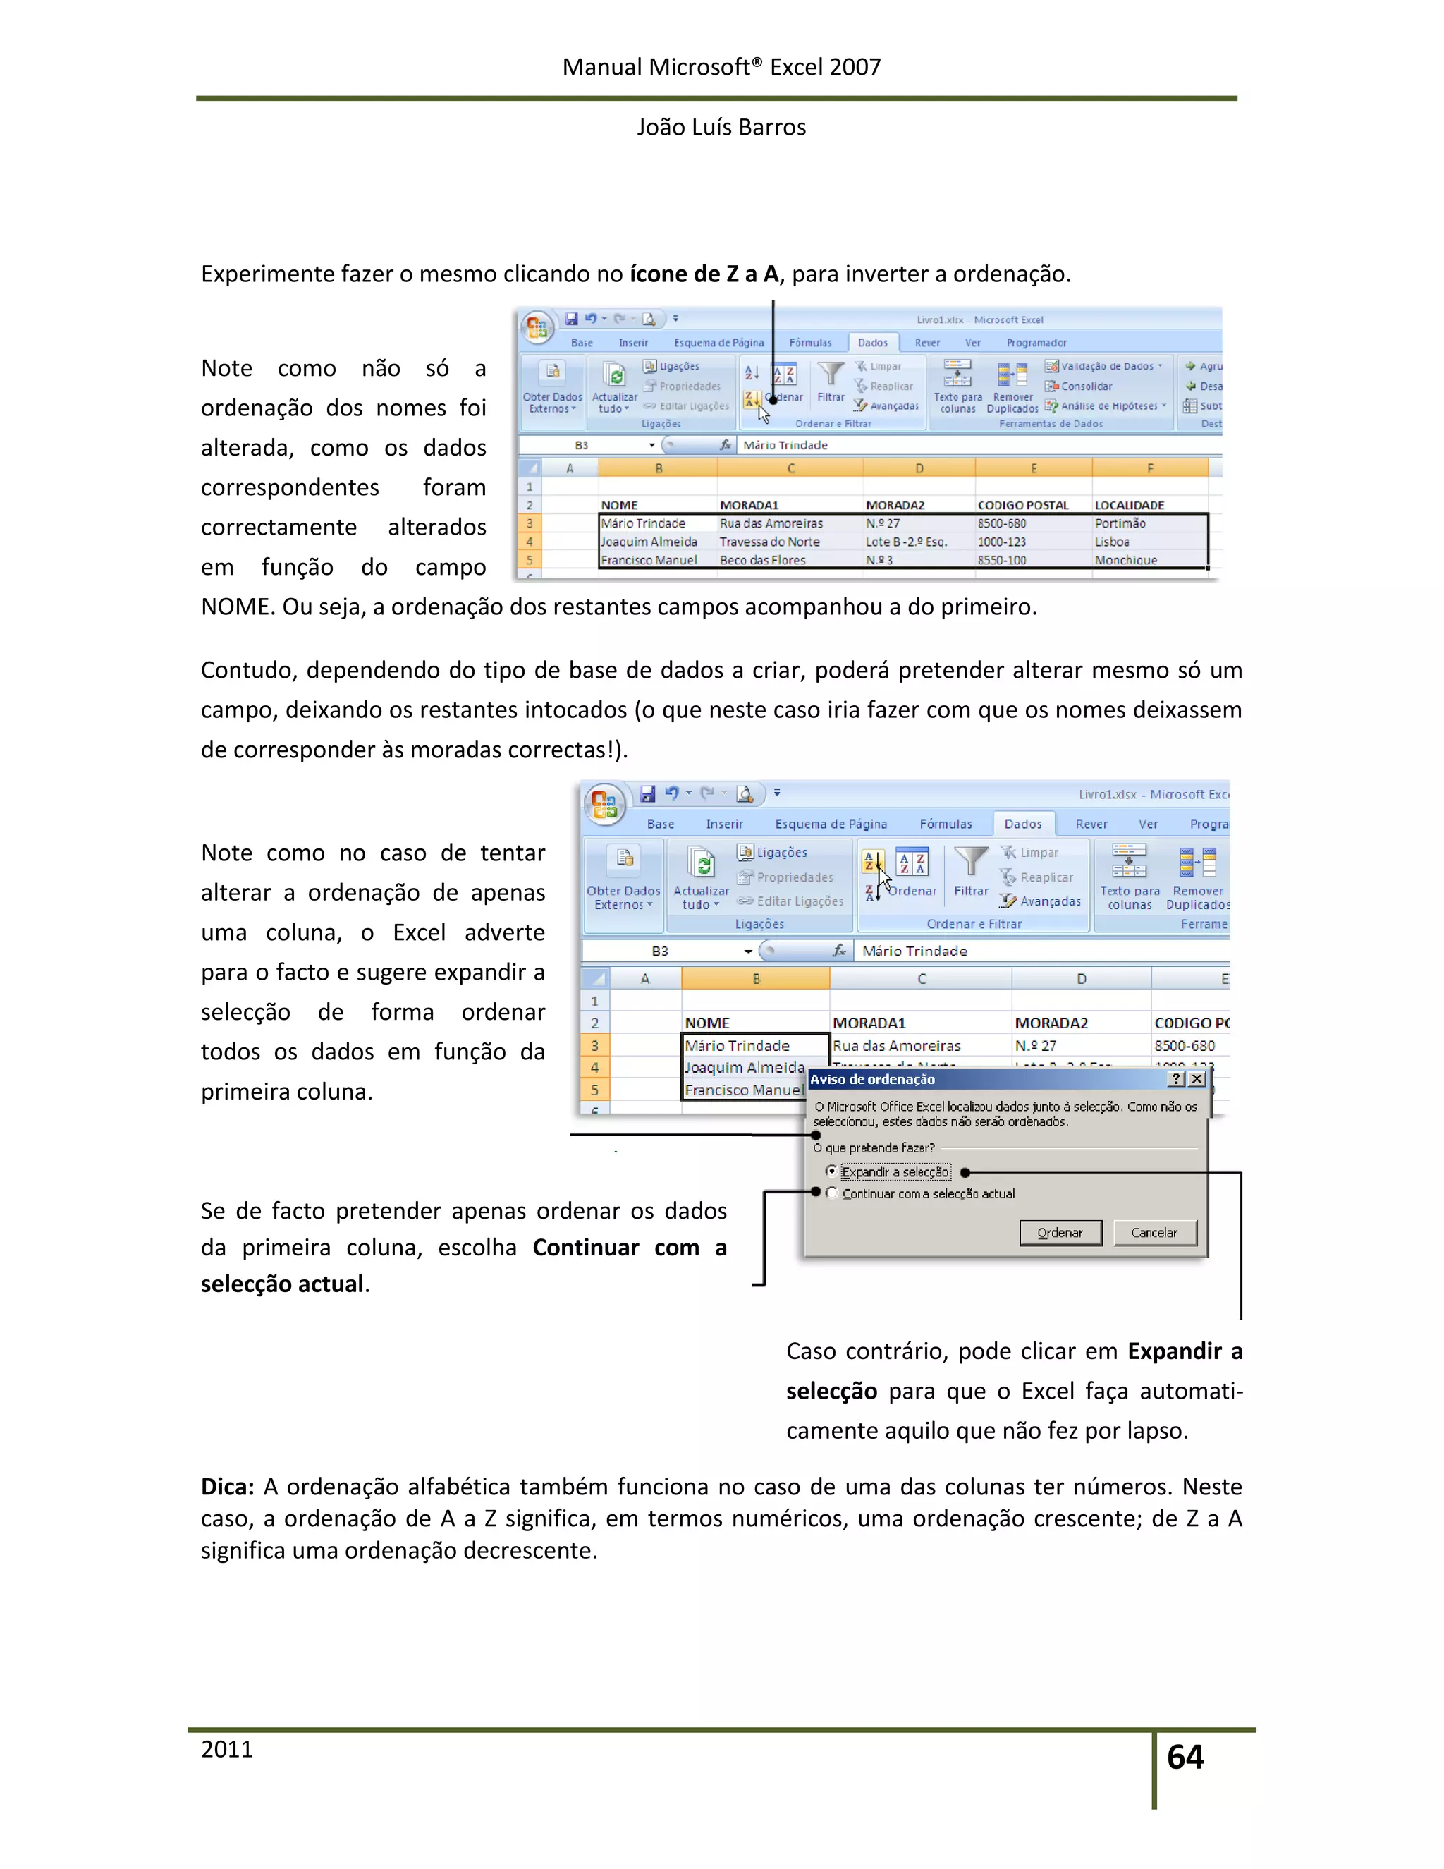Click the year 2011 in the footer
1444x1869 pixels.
point(227,1749)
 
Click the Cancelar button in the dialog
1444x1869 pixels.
point(1154,1232)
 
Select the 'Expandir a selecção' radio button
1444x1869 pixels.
point(831,1171)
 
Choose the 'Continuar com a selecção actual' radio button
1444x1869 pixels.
point(831,1193)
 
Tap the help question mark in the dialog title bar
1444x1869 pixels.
point(1177,1079)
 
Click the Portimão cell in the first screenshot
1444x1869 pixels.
point(1120,523)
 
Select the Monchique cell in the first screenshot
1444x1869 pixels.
point(1126,560)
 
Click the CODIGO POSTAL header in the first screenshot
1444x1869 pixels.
point(1023,505)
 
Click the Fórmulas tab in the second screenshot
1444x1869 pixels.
point(946,823)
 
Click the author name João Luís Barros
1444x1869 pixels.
point(721,127)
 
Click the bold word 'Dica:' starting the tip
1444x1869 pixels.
point(228,1487)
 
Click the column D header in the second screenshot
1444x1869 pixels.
point(1082,978)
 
